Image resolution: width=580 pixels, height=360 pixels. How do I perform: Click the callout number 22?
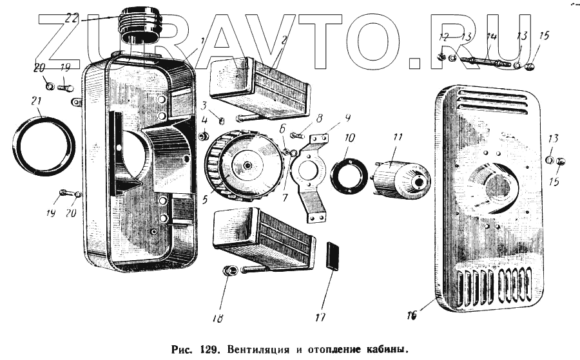pos(71,18)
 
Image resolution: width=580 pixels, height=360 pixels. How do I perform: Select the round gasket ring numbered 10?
pos(349,176)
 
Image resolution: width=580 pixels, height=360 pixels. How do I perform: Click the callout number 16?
pos(412,315)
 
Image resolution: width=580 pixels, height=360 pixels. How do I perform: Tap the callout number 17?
pos(320,317)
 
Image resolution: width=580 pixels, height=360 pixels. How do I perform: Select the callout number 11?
pos(396,137)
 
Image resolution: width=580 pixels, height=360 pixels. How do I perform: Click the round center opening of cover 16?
pos(496,184)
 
